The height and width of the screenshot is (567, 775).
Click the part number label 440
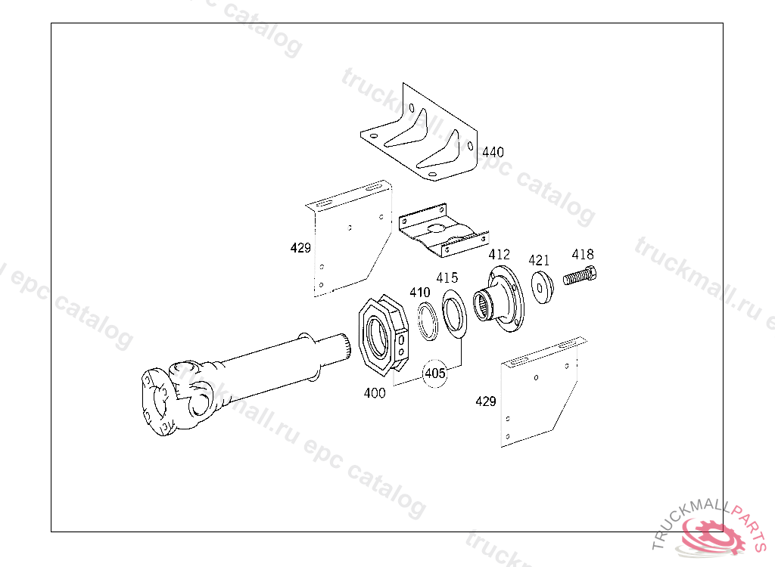493,153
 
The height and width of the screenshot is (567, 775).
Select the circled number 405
434,373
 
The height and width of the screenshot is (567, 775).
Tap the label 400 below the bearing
375,393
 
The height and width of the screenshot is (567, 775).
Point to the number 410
420,293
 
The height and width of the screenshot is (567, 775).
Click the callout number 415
447,278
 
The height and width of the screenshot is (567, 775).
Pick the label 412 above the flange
499,255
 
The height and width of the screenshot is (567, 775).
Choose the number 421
539,260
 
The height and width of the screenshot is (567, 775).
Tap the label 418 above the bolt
583,255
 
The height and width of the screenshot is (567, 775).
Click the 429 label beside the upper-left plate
300,247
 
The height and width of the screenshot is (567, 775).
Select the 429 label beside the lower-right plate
485,401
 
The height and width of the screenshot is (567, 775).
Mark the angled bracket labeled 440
421,136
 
